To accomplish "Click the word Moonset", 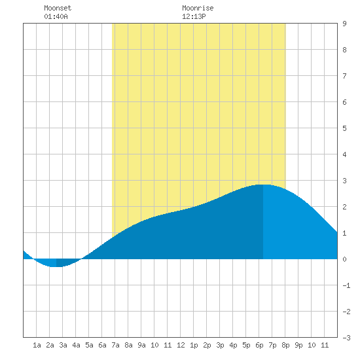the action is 58,9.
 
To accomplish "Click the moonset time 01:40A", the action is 56,16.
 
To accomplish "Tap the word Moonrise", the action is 198,9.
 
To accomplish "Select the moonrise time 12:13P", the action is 194,16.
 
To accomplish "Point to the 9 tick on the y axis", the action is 344,24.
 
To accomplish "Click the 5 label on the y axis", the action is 344,128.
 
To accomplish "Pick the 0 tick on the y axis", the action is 344,259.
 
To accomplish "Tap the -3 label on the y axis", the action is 346,338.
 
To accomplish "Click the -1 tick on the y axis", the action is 346,285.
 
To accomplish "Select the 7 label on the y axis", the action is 344,76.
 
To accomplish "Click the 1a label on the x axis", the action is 37,345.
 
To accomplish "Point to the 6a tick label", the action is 102,345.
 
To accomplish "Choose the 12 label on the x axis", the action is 181,345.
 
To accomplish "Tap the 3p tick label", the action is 220,346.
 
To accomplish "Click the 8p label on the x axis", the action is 285,346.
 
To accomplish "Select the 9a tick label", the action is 141,345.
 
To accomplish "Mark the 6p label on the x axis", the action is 259,346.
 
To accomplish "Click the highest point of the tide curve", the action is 263,185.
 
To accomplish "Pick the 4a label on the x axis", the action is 76,345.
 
